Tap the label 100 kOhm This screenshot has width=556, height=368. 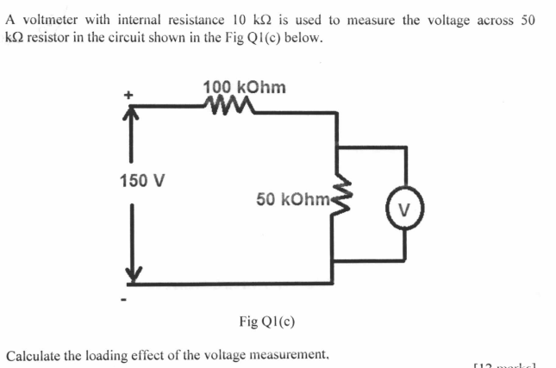(x=245, y=87)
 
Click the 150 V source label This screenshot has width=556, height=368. (x=142, y=181)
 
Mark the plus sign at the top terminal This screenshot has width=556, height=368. (x=131, y=97)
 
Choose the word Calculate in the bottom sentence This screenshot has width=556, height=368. (x=33, y=354)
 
